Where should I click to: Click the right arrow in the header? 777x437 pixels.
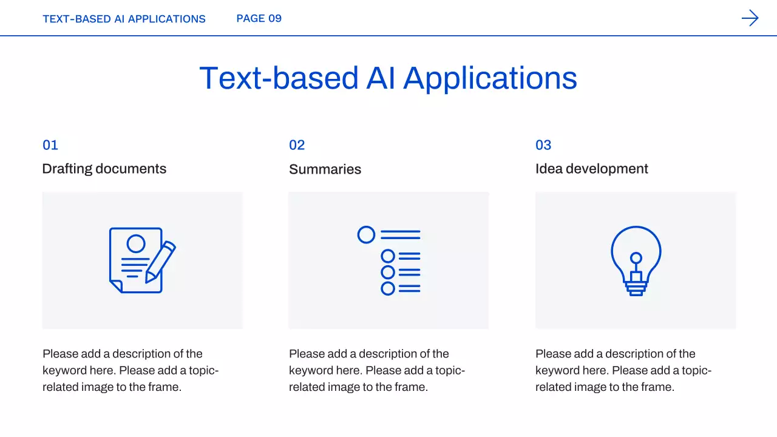tap(750, 18)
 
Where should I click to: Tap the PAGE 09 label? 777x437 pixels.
tap(259, 18)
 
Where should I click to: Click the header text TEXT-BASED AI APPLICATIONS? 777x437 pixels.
tap(124, 19)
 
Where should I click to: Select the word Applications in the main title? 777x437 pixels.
tap(490, 80)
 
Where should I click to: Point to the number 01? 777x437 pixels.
tap(50, 145)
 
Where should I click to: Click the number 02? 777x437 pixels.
tap(297, 145)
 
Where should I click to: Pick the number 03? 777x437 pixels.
tap(543, 145)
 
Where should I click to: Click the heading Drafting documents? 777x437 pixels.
tap(104, 169)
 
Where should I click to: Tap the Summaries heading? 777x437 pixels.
tap(325, 169)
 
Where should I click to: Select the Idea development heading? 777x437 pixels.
tap(591, 169)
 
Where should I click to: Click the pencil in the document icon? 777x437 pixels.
tap(160, 262)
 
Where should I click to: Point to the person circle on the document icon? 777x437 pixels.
tap(136, 243)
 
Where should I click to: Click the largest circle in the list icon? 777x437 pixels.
tap(366, 235)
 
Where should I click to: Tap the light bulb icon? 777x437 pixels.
tap(636, 261)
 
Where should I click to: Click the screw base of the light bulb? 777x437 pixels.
tap(636, 288)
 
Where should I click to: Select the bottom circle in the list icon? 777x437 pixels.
tap(388, 288)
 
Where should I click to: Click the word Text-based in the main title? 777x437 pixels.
tap(279, 78)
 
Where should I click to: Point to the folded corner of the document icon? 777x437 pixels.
tap(117, 286)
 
